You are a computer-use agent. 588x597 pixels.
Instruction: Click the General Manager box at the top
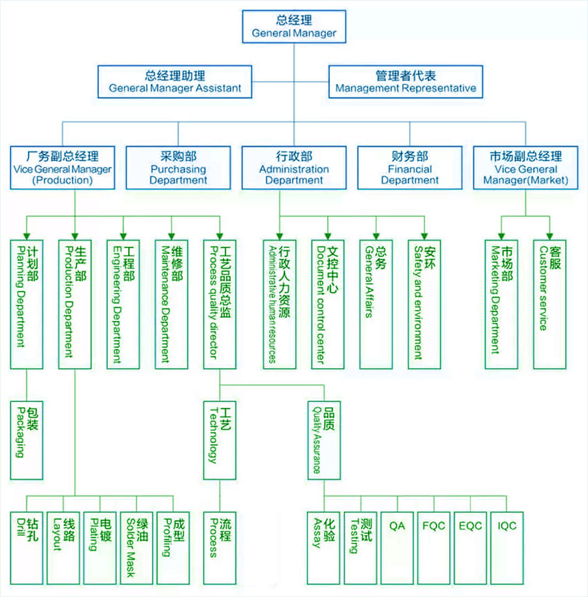(294, 27)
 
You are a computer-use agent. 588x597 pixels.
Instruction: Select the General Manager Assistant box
(175, 82)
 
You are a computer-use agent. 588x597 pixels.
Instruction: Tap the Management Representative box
(405, 82)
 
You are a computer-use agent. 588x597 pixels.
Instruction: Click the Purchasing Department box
(178, 168)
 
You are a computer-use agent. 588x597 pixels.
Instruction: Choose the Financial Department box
(410, 168)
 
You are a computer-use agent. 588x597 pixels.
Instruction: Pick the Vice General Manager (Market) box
(525, 168)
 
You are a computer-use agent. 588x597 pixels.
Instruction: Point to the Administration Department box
(293, 168)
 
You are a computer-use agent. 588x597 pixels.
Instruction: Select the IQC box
(507, 547)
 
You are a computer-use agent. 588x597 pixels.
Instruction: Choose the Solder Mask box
(137, 547)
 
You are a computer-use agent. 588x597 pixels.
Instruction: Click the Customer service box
(549, 303)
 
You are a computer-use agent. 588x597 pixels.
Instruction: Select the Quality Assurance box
(324, 440)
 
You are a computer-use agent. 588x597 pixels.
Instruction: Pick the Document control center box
(327, 303)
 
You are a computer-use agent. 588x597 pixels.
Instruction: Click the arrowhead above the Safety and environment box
(425, 236)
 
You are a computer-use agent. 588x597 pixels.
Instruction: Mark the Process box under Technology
(219, 547)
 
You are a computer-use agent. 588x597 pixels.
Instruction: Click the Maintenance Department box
(171, 303)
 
